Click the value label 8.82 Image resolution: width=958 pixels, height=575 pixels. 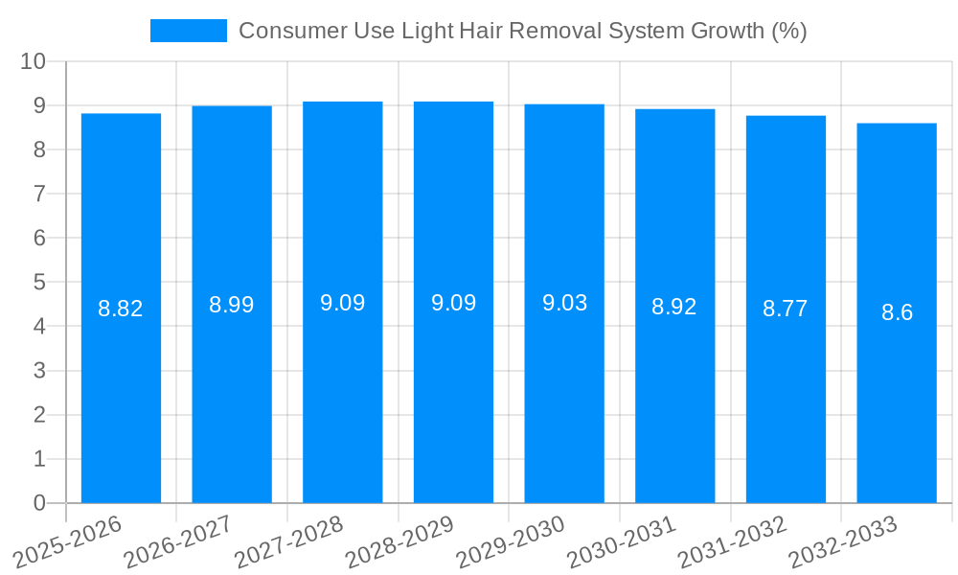coord(121,309)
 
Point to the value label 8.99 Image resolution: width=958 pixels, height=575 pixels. coord(232,305)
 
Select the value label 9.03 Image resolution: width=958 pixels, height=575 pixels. coord(564,303)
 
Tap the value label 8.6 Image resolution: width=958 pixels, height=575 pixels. coord(897,312)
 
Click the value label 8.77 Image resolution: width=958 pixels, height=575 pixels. coord(786,309)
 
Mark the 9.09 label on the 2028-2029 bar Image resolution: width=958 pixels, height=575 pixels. coord(453,303)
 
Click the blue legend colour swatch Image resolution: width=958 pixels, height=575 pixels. coord(189,31)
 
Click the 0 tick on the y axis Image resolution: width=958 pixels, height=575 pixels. coord(39,503)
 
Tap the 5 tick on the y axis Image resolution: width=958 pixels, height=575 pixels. coord(39,283)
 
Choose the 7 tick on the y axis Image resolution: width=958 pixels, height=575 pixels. coord(39,194)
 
